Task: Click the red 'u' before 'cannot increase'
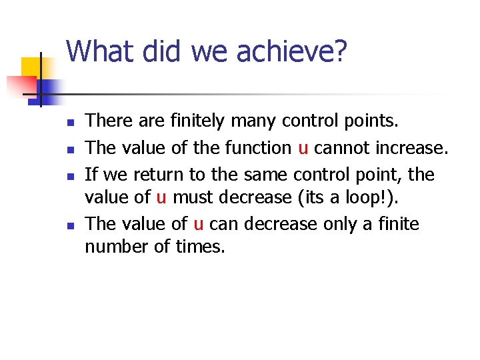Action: point(303,149)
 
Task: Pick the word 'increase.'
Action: point(415,147)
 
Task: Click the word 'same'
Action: point(257,175)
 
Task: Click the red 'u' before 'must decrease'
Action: point(161,198)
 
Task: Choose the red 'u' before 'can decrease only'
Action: point(198,225)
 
